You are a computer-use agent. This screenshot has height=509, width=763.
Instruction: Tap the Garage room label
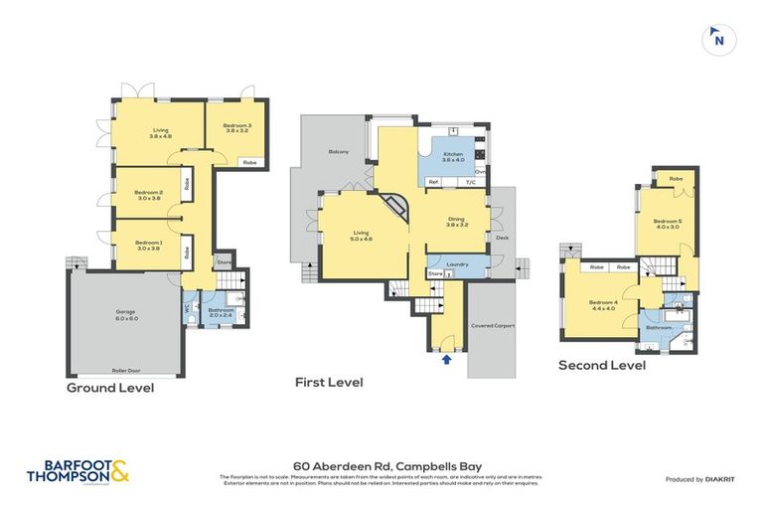click(x=125, y=314)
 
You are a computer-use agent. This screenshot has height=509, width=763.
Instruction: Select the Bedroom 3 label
click(x=236, y=127)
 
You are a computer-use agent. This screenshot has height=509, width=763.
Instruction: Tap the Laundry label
click(x=457, y=264)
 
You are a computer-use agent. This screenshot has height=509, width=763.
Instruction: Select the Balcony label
click(x=339, y=151)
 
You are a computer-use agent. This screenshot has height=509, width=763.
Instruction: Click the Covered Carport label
click(x=493, y=324)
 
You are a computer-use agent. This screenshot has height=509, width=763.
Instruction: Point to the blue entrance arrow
click(x=446, y=346)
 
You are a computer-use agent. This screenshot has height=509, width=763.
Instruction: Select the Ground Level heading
click(x=110, y=388)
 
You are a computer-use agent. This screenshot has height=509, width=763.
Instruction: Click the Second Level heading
click(x=602, y=365)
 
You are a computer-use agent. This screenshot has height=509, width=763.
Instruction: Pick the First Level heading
click(x=329, y=382)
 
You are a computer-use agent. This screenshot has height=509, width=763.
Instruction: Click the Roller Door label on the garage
click(x=125, y=369)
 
